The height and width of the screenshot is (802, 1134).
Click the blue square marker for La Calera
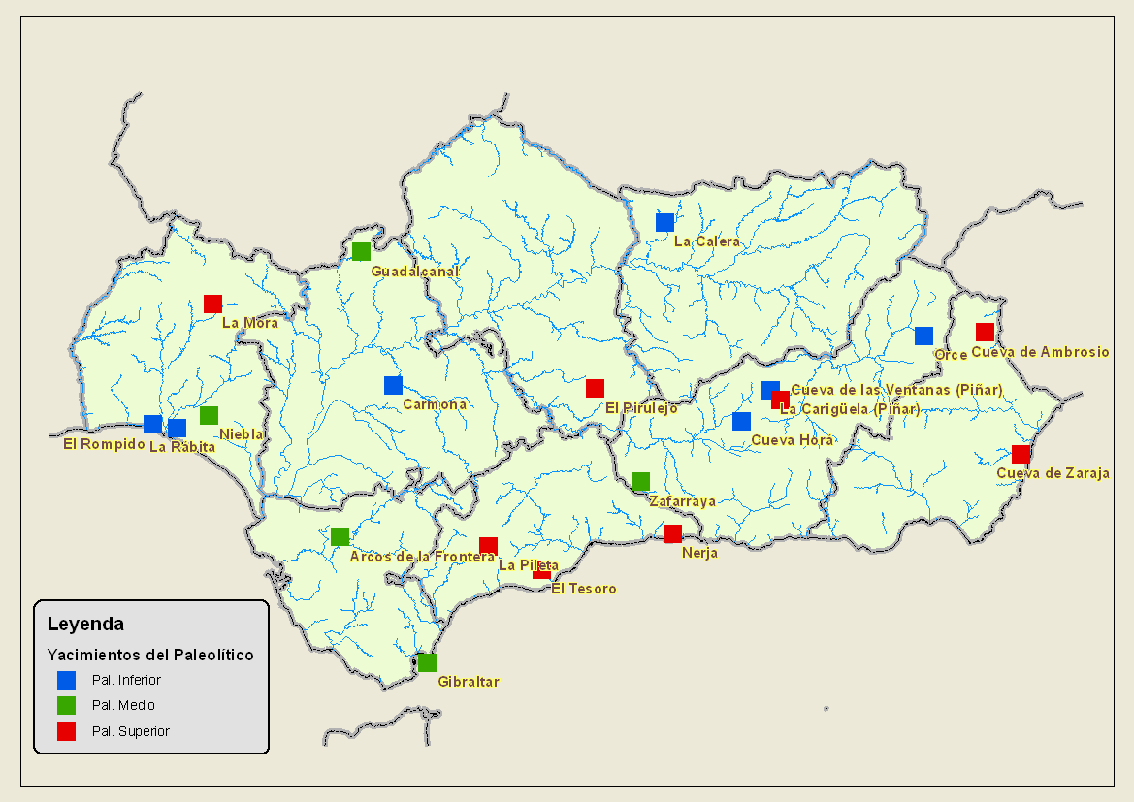(x=664, y=222)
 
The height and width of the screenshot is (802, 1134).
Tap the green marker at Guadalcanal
(x=361, y=252)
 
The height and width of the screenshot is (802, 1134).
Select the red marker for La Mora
(x=212, y=304)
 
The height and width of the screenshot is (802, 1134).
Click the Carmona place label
(x=435, y=404)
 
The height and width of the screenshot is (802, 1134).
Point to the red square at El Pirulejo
(x=595, y=388)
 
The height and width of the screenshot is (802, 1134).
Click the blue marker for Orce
(x=923, y=336)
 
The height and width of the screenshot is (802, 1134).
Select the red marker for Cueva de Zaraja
(x=1021, y=454)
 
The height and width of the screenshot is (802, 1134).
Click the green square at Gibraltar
(x=427, y=662)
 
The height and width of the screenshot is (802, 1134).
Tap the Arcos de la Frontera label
(x=422, y=557)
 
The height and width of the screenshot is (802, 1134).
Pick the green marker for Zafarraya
(x=640, y=482)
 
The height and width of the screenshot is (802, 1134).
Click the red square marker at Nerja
(x=672, y=533)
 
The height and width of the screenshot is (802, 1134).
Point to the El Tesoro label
(x=583, y=589)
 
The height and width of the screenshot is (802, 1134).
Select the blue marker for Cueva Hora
(x=741, y=421)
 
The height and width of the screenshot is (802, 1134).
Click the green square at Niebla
(x=209, y=415)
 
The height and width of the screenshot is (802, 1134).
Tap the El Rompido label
(x=104, y=444)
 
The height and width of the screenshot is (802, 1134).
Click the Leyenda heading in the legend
(x=85, y=624)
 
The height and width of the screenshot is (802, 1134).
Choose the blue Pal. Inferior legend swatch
(x=67, y=680)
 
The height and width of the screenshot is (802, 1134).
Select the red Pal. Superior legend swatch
(x=67, y=731)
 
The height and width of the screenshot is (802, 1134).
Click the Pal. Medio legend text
(x=123, y=705)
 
